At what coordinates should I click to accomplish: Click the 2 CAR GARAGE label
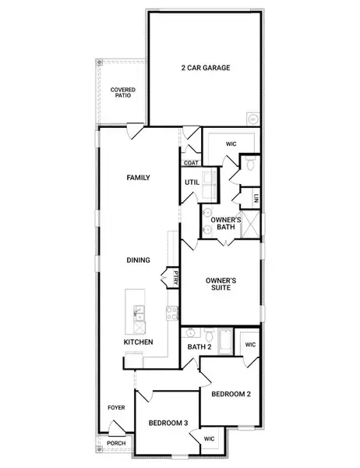(x=204, y=68)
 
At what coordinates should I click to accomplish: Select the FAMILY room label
(x=138, y=178)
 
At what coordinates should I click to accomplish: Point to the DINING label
(x=139, y=261)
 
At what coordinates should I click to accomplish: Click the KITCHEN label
(x=138, y=342)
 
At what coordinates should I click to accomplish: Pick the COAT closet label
(x=192, y=163)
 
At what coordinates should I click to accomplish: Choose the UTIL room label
(x=192, y=183)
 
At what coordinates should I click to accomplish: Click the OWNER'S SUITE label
(x=221, y=284)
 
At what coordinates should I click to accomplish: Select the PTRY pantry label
(x=177, y=276)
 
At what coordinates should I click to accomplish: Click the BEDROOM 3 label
(x=168, y=423)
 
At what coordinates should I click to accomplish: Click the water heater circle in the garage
(x=252, y=119)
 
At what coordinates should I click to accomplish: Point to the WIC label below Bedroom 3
(x=209, y=439)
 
